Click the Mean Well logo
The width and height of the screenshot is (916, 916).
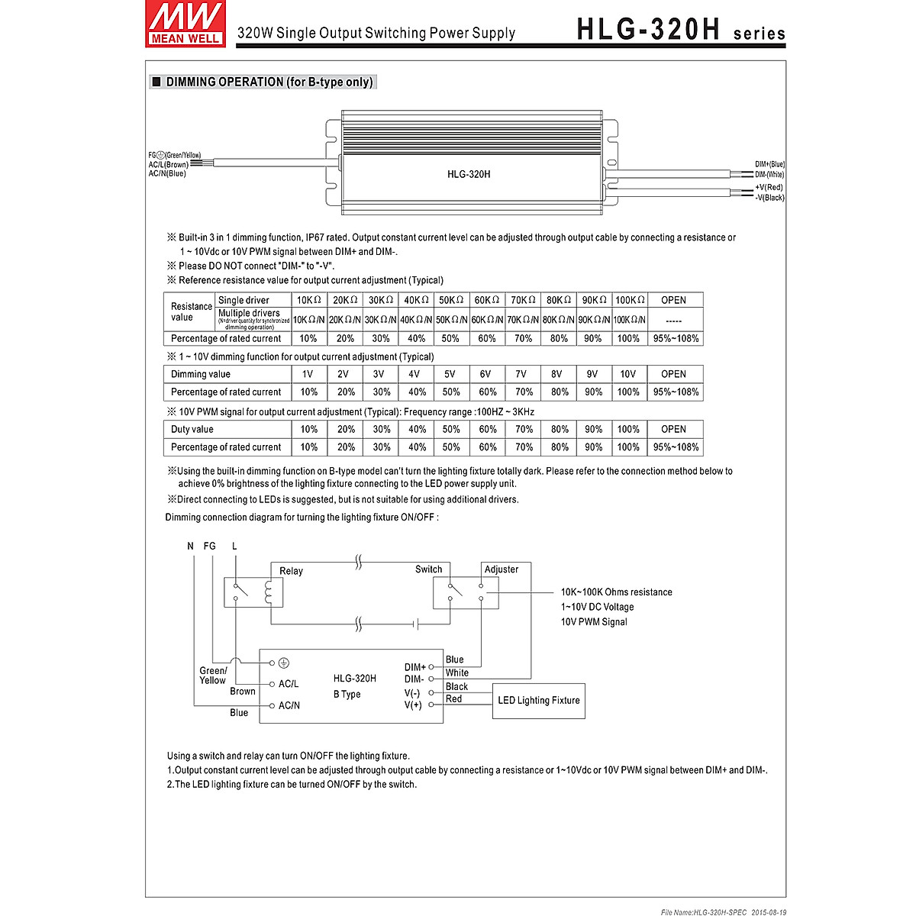click(185, 24)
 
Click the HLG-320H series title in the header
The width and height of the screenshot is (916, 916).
click(680, 30)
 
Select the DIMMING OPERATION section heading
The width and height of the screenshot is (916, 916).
click(263, 82)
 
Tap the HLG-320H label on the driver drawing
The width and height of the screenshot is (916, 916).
click(469, 174)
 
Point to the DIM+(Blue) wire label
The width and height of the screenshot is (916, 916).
click(769, 164)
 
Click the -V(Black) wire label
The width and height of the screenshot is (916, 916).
click(769, 198)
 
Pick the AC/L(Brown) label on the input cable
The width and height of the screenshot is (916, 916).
click(169, 165)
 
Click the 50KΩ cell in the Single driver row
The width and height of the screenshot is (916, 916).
click(450, 300)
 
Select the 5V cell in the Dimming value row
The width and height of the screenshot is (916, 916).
click(450, 374)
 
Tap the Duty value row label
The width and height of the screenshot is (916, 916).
click(192, 430)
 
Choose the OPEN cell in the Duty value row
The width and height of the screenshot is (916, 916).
click(673, 430)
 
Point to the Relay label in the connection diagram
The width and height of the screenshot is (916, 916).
click(291, 571)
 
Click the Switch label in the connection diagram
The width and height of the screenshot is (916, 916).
click(428, 569)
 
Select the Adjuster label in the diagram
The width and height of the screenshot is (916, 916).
click(502, 569)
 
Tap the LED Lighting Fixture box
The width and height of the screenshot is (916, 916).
click(539, 701)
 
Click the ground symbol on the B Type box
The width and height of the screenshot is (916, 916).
click(284, 663)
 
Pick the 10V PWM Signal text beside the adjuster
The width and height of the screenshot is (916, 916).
click(594, 622)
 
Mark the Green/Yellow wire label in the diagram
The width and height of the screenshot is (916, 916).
click(213, 676)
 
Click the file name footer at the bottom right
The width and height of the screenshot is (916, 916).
click(723, 911)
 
